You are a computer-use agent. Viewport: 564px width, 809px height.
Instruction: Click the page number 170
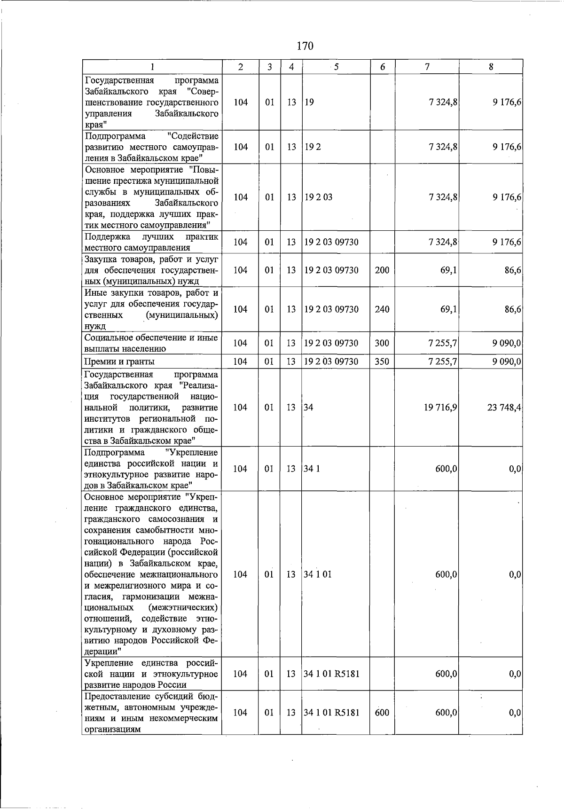click(x=305, y=46)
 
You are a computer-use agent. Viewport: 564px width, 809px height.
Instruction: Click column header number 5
click(x=336, y=67)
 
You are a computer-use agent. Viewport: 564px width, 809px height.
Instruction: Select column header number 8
click(x=491, y=67)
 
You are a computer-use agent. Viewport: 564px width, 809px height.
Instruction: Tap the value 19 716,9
click(x=440, y=408)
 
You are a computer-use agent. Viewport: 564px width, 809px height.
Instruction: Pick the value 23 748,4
click(x=504, y=408)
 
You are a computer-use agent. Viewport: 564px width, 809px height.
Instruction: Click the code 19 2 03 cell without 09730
click(x=318, y=197)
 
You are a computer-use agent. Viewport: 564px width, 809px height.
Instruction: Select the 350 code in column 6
click(x=382, y=361)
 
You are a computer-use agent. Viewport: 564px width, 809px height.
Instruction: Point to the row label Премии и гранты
click(x=119, y=361)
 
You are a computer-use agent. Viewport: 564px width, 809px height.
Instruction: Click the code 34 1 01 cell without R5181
click(x=318, y=574)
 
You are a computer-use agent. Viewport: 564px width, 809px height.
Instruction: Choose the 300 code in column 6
click(x=382, y=343)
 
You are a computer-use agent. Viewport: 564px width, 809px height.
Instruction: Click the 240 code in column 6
click(x=382, y=309)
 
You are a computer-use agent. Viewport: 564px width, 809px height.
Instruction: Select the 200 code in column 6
click(x=382, y=270)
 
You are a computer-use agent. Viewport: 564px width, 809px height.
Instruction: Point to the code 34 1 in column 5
click(x=312, y=469)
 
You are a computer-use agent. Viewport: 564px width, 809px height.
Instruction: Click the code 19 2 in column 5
click(x=313, y=147)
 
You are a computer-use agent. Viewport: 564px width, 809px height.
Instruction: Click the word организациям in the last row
click(x=112, y=730)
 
